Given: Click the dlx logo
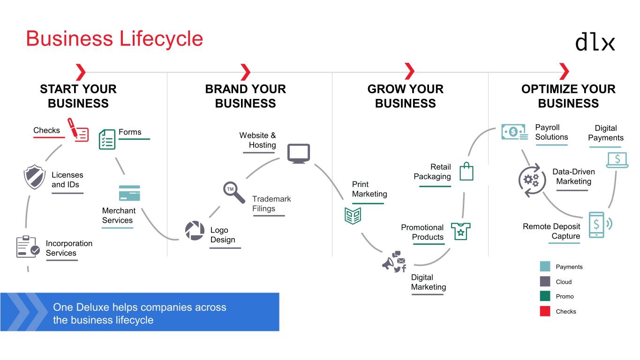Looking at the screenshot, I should click(595, 41).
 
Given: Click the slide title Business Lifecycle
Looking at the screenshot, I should click(114, 38).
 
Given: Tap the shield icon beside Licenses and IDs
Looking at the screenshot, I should click(34, 177).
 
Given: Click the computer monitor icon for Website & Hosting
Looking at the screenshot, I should click(298, 153).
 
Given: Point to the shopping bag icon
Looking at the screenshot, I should click(466, 172).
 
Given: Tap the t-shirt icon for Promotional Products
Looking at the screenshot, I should click(460, 231).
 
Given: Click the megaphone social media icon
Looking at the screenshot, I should click(394, 262).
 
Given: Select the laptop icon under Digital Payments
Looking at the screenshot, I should click(617, 160).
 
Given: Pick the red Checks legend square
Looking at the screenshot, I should click(545, 311).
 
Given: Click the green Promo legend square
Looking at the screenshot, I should click(545, 296).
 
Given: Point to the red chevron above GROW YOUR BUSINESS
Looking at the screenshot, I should click(409, 72).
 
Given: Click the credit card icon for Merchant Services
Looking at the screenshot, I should click(129, 193).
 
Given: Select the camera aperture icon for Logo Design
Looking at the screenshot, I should click(195, 231).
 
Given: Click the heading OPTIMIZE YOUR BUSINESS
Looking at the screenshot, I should click(568, 96).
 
